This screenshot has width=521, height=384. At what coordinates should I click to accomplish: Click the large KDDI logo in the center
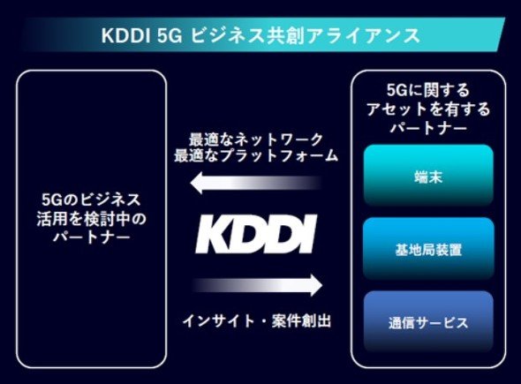[x=256, y=234]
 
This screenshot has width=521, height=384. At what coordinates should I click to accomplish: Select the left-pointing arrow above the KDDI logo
[x=256, y=183]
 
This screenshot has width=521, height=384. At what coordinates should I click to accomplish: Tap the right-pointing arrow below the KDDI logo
[x=257, y=285]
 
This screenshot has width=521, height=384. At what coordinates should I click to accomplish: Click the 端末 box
[x=428, y=176]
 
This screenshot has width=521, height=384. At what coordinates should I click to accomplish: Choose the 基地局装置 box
[x=428, y=248]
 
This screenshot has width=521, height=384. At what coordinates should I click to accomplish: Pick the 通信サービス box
[x=428, y=321]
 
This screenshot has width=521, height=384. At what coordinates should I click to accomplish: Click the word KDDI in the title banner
[x=125, y=35]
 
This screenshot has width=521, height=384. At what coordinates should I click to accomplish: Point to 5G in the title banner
[x=170, y=35]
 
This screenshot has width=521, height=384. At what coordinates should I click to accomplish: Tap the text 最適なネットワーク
[x=256, y=139]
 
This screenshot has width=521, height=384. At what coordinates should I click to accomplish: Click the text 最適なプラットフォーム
[x=256, y=155]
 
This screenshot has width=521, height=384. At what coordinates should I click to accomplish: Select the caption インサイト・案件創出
[x=256, y=321]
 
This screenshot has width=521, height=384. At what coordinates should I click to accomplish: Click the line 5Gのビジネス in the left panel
[x=91, y=200]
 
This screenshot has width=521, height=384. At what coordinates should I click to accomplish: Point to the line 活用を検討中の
[x=91, y=219]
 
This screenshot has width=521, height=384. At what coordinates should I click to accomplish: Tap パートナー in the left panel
[x=91, y=237]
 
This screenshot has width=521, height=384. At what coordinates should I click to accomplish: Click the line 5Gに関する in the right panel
[x=428, y=90]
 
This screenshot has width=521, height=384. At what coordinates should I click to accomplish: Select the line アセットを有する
[x=428, y=109]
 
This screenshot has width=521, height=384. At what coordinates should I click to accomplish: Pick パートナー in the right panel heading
[x=428, y=127]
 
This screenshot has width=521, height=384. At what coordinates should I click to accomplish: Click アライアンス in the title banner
[x=363, y=35]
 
